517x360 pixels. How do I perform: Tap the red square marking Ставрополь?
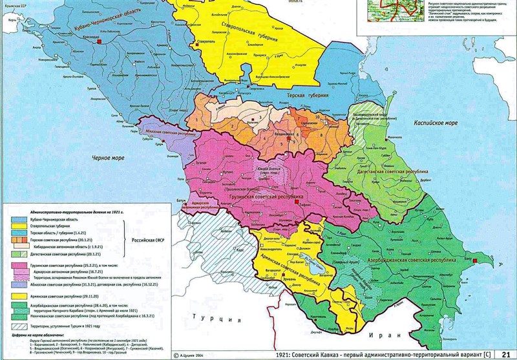[192, 43]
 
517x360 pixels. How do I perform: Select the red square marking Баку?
[476, 260]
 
